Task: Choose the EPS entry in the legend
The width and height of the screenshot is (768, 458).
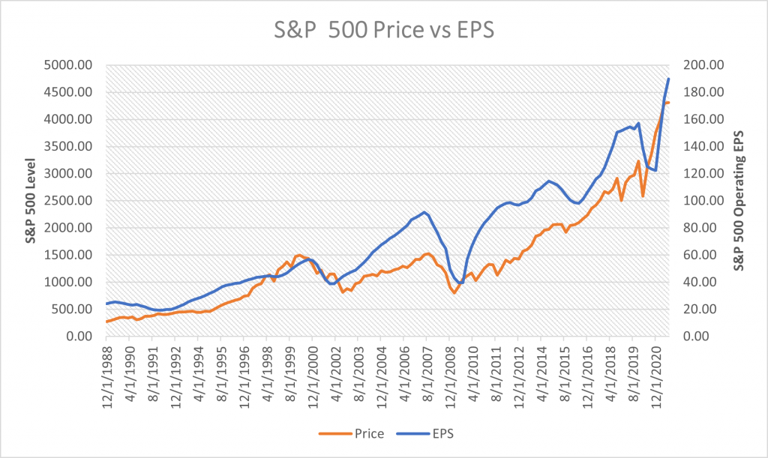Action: point(430,433)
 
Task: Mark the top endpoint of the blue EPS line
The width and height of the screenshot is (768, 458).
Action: point(668,79)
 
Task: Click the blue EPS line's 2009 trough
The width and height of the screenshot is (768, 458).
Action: point(460,283)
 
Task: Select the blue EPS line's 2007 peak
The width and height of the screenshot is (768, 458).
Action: point(424,212)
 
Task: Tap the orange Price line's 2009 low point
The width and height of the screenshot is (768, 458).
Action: point(454,293)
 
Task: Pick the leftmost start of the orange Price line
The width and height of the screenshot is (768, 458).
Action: point(106,322)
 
